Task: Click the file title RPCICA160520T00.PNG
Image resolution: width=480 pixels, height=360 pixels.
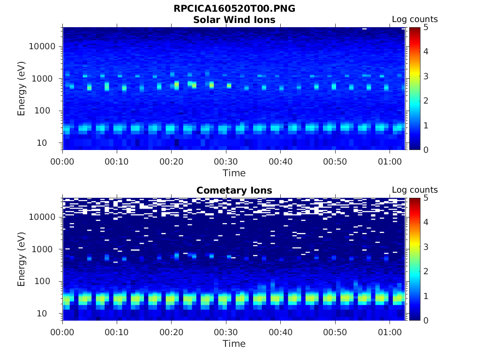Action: click(x=234, y=8)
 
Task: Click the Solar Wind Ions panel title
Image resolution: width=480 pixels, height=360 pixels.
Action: click(x=234, y=20)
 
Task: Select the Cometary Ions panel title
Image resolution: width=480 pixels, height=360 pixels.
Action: click(x=234, y=190)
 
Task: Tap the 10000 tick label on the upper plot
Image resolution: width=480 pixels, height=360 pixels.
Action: click(x=43, y=47)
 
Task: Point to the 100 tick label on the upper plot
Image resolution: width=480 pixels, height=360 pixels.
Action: click(x=48, y=111)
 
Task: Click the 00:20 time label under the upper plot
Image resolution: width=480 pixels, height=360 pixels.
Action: click(x=172, y=162)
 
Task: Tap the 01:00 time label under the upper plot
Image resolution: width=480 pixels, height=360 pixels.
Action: click(x=390, y=162)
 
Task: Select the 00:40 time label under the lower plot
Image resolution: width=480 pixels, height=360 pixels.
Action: click(x=281, y=332)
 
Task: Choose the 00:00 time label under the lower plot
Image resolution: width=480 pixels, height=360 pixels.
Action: click(x=63, y=332)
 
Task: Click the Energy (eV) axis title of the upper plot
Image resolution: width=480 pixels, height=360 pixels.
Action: click(x=22, y=89)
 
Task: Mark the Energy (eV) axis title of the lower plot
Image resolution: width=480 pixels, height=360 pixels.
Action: click(x=22, y=259)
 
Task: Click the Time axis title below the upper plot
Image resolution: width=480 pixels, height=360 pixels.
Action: click(x=234, y=173)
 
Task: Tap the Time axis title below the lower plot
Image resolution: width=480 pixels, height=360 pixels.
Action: click(x=234, y=344)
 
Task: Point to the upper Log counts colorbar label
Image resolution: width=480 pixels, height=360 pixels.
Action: click(x=414, y=20)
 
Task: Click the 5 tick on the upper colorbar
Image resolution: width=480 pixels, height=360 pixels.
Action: click(x=426, y=27)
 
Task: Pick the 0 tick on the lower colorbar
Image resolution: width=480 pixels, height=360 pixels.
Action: click(x=426, y=320)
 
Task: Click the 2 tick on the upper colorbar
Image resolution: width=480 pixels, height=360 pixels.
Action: click(x=426, y=101)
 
